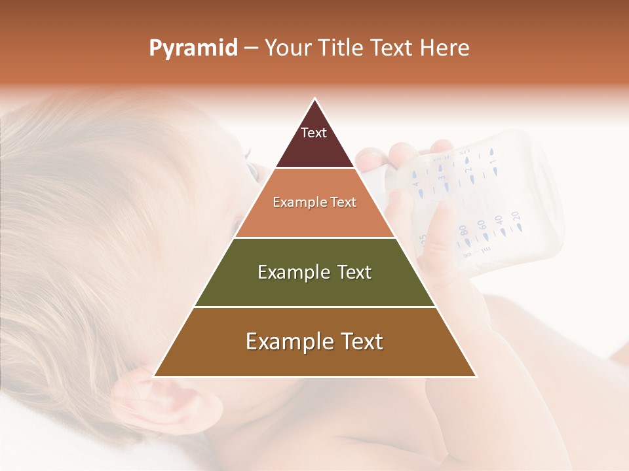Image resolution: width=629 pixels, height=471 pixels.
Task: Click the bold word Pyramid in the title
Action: point(193,48)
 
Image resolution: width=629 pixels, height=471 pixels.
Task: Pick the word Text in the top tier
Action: point(314,133)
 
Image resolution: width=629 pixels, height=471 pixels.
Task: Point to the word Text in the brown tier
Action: point(357,341)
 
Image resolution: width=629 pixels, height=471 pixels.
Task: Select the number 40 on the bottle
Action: point(499,220)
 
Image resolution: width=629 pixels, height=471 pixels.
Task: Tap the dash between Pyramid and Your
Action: point(251,48)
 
